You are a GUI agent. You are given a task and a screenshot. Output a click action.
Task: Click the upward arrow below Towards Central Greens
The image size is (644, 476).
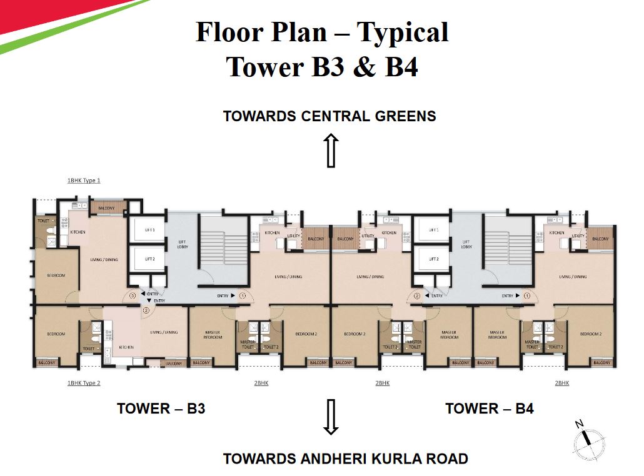[331, 150]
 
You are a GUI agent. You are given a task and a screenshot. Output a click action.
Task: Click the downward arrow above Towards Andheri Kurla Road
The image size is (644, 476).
[331, 417]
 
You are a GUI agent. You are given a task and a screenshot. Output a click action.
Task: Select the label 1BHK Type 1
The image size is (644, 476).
[84, 180]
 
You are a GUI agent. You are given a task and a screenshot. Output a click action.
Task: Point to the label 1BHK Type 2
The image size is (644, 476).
[84, 383]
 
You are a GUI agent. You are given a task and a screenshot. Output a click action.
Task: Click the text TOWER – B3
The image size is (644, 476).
[161, 409]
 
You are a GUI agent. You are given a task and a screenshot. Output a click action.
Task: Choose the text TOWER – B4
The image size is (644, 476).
[489, 409]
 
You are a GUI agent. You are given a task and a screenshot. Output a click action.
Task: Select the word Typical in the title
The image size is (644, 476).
[403, 32]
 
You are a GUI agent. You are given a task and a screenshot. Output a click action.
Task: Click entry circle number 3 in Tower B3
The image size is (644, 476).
[133, 296]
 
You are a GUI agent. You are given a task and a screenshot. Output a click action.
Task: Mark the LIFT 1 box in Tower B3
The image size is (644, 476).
[149, 231]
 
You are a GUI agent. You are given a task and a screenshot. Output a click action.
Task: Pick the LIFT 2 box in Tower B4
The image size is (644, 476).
[435, 259]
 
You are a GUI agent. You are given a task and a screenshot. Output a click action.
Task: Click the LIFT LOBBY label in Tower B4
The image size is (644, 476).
[466, 244]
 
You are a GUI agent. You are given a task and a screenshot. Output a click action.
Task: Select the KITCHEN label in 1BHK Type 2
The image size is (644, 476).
[126, 347]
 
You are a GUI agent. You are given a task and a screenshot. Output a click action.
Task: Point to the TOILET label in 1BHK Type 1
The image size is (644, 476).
[43, 221]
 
